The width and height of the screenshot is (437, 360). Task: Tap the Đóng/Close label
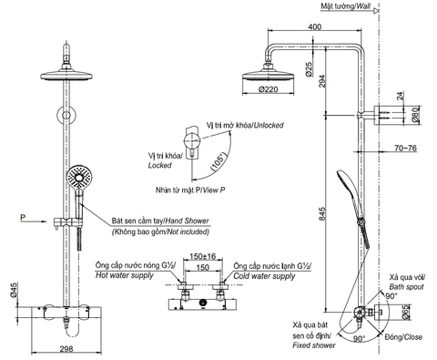tap(403, 336)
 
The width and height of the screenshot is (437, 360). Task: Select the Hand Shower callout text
tap(153, 221)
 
